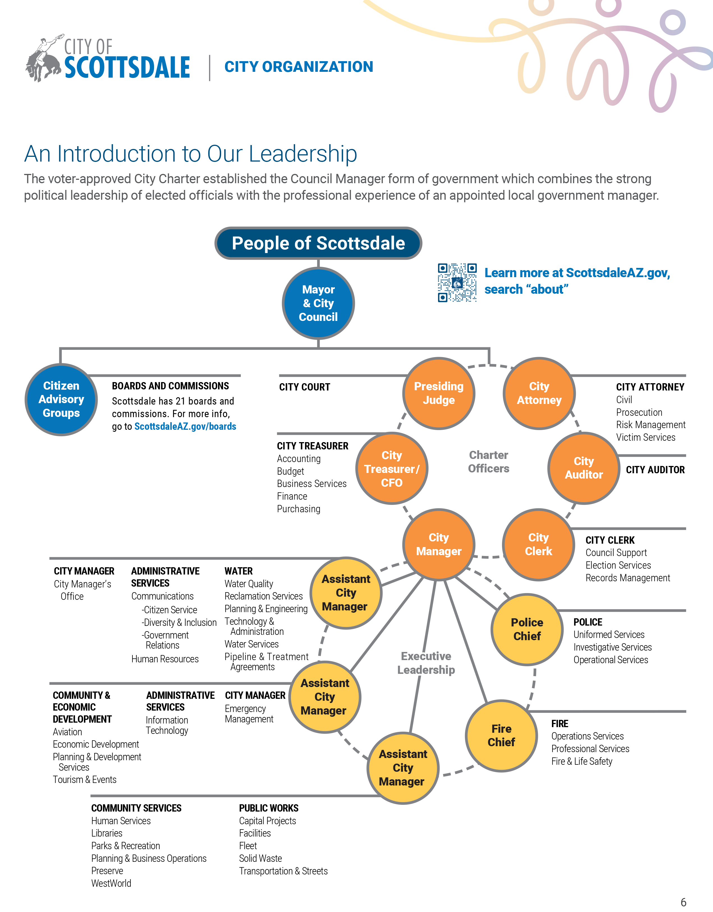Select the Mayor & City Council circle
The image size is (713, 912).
point(318,303)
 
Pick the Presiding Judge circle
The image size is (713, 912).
point(439,393)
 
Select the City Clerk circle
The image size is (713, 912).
point(538,544)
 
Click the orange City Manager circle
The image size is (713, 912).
point(439,544)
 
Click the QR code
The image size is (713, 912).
point(457,283)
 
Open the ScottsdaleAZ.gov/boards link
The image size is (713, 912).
point(185,426)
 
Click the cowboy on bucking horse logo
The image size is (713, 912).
point(44,58)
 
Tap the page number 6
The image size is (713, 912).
point(683,902)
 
